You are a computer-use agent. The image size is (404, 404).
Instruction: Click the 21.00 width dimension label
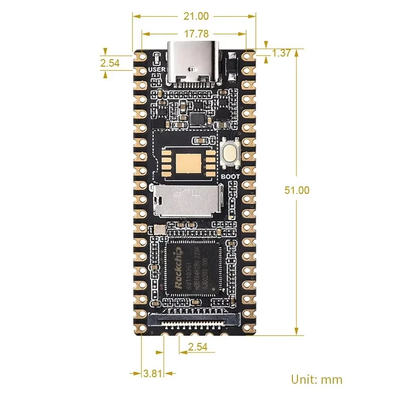click(x=196, y=16)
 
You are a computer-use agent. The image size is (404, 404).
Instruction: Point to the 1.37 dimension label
click(x=281, y=53)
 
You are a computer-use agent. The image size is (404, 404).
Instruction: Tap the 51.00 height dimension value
click(x=297, y=190)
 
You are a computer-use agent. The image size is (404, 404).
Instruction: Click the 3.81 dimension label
click(x=153, y=374)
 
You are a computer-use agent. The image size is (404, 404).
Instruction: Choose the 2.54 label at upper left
click(x=110, y=63)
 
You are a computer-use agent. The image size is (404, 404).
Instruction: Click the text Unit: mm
click(x=317, y=379)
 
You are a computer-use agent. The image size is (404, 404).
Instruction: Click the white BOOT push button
click(x=230, y=155)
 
